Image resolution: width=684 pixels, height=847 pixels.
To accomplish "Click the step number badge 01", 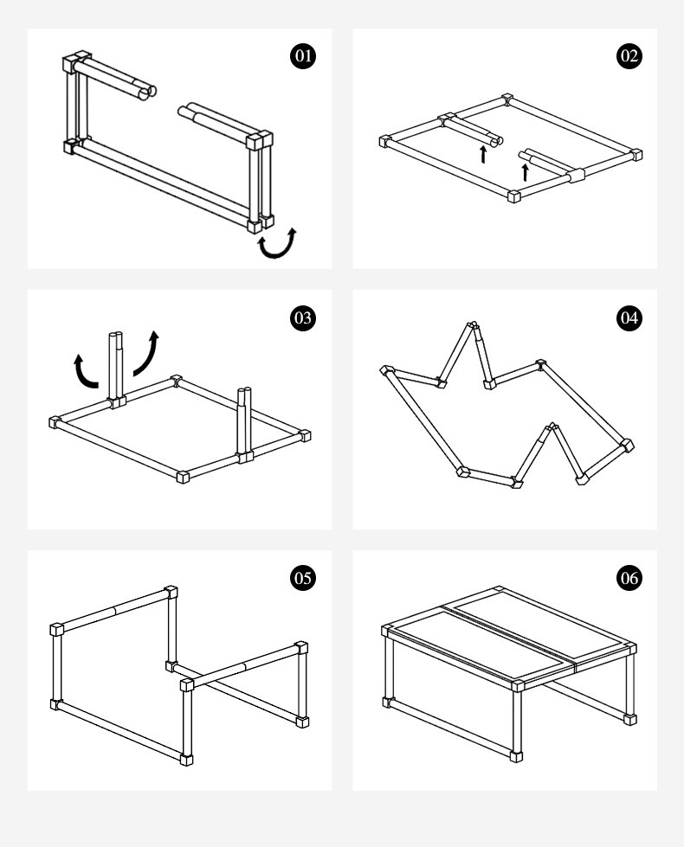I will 302,57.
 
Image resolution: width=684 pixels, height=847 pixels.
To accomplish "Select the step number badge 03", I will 302,318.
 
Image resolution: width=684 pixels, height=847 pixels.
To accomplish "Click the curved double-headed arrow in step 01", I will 278,245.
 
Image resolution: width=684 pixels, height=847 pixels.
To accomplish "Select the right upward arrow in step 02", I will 525,170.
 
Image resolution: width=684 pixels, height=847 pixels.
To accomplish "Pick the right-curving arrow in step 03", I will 147,350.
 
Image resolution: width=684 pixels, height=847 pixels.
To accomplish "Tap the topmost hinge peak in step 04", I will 472,328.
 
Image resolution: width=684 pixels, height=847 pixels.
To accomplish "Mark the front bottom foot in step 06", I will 517,755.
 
